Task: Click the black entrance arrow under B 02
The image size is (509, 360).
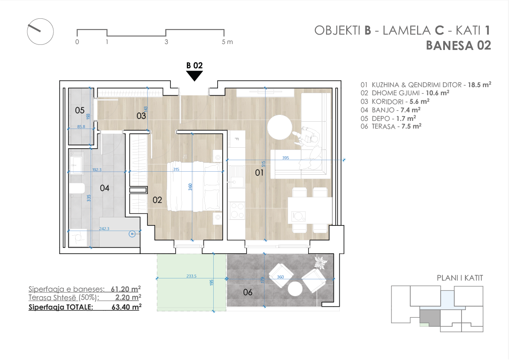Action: tap(194, 76)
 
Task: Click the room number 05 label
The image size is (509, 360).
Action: tap(79, 110)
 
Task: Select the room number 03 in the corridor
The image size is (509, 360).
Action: tap(141, 116)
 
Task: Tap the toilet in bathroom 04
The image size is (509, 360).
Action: tap(77, 188)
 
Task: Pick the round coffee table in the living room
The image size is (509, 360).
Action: tap(280, 127)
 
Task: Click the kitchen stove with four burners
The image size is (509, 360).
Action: tap(237, 211)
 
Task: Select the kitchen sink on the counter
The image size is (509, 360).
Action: tap(236, 177)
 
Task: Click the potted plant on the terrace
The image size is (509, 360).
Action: tap(321, 262)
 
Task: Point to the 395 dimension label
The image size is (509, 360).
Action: tap(285, 158)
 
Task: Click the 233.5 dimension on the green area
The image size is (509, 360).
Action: tap(191, 276)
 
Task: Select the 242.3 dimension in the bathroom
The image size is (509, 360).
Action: tap(104, 228)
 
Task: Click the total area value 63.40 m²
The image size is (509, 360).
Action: tap(126, 307)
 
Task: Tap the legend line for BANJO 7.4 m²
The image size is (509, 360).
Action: tap(391, 110)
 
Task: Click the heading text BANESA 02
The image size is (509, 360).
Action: tap(459, 46)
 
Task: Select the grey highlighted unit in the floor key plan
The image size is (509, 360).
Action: tap(430, 318)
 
